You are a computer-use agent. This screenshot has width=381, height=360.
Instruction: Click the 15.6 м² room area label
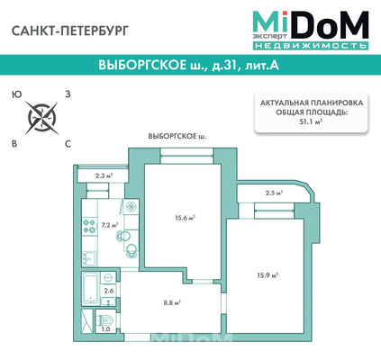pos(186,218)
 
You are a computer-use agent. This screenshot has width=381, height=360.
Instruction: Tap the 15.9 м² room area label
pos(268,275)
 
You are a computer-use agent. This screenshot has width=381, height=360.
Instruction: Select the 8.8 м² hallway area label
pos(172,302)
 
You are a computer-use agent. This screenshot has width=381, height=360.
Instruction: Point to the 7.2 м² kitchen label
pos(110,225)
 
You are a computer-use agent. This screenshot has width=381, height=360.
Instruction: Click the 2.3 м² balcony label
pos(104,175)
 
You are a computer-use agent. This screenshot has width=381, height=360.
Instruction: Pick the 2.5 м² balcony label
pos(275,193)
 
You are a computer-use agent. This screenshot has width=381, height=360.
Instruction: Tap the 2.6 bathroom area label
pos(108,291)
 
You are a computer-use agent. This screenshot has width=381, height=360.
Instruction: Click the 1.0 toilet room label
pos(105,328)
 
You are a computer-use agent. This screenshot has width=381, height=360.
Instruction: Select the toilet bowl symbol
pos(105,319)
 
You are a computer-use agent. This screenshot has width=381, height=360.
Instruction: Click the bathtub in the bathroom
pos(90,288)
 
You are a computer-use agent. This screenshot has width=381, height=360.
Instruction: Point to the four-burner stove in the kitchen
pos(89,226)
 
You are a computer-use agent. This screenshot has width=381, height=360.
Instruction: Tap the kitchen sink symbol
pos(89,258)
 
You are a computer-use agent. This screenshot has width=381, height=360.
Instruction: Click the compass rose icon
pos(41,117)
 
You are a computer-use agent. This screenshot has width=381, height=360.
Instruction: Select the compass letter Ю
pos(17,94)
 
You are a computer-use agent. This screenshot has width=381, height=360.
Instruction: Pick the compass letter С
pos(68,144)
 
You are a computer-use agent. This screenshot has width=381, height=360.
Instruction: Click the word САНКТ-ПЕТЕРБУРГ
pos(70,31)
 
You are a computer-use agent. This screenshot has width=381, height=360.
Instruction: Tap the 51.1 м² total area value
pos(311,121)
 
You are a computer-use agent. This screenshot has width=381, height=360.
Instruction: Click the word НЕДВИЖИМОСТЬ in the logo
pos(311,46)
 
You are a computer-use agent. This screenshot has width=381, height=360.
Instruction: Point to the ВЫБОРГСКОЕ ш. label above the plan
pos(177,136)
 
